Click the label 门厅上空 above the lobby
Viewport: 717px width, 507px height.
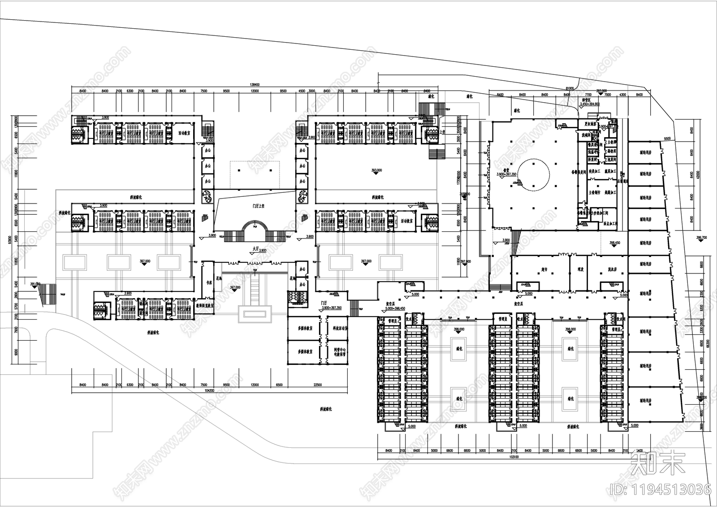(x=258, y=206)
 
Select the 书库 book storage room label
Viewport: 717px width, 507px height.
(x=208, y=283)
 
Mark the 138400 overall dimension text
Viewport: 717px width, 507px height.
(x=255, y=85)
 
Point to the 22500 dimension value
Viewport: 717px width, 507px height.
(x=317, y=385)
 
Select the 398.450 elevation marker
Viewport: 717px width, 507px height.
(x=615, y=243)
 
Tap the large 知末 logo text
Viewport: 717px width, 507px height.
(x=658, y=463)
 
